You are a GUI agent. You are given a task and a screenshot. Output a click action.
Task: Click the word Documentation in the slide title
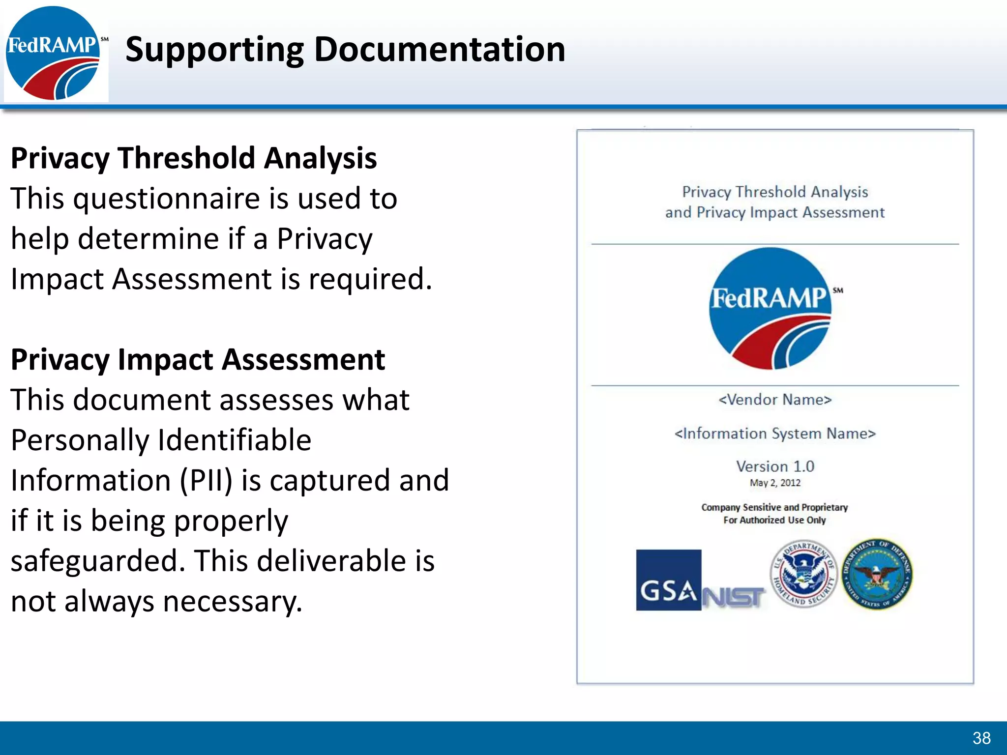(440, 50)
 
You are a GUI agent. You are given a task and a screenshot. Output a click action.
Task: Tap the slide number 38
(981, 738)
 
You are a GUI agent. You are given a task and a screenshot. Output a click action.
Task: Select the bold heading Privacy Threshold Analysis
(194, 158)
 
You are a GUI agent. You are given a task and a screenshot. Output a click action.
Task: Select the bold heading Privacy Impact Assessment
(198, 360)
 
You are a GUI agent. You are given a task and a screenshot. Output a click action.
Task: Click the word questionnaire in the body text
(167, 199)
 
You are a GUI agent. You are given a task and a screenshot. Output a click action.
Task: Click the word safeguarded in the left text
(98, 561)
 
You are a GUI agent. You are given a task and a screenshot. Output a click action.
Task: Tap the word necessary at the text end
(232, 601)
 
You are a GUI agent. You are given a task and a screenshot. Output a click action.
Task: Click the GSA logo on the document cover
(668, 581)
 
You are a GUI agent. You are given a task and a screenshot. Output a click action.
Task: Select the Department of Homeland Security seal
(803, 574)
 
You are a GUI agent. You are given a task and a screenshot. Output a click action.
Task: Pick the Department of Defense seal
(877, 574)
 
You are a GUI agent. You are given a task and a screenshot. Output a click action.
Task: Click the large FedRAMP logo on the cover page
(770, 309)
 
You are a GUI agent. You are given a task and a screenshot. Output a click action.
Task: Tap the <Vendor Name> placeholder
(775, 400)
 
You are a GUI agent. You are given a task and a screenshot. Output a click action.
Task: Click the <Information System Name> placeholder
(775, 434)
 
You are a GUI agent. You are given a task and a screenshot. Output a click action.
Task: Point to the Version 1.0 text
(775, 466)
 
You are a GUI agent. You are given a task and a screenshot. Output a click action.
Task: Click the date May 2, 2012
(775, 483)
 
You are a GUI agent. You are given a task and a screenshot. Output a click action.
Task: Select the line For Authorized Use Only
(774, 520)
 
